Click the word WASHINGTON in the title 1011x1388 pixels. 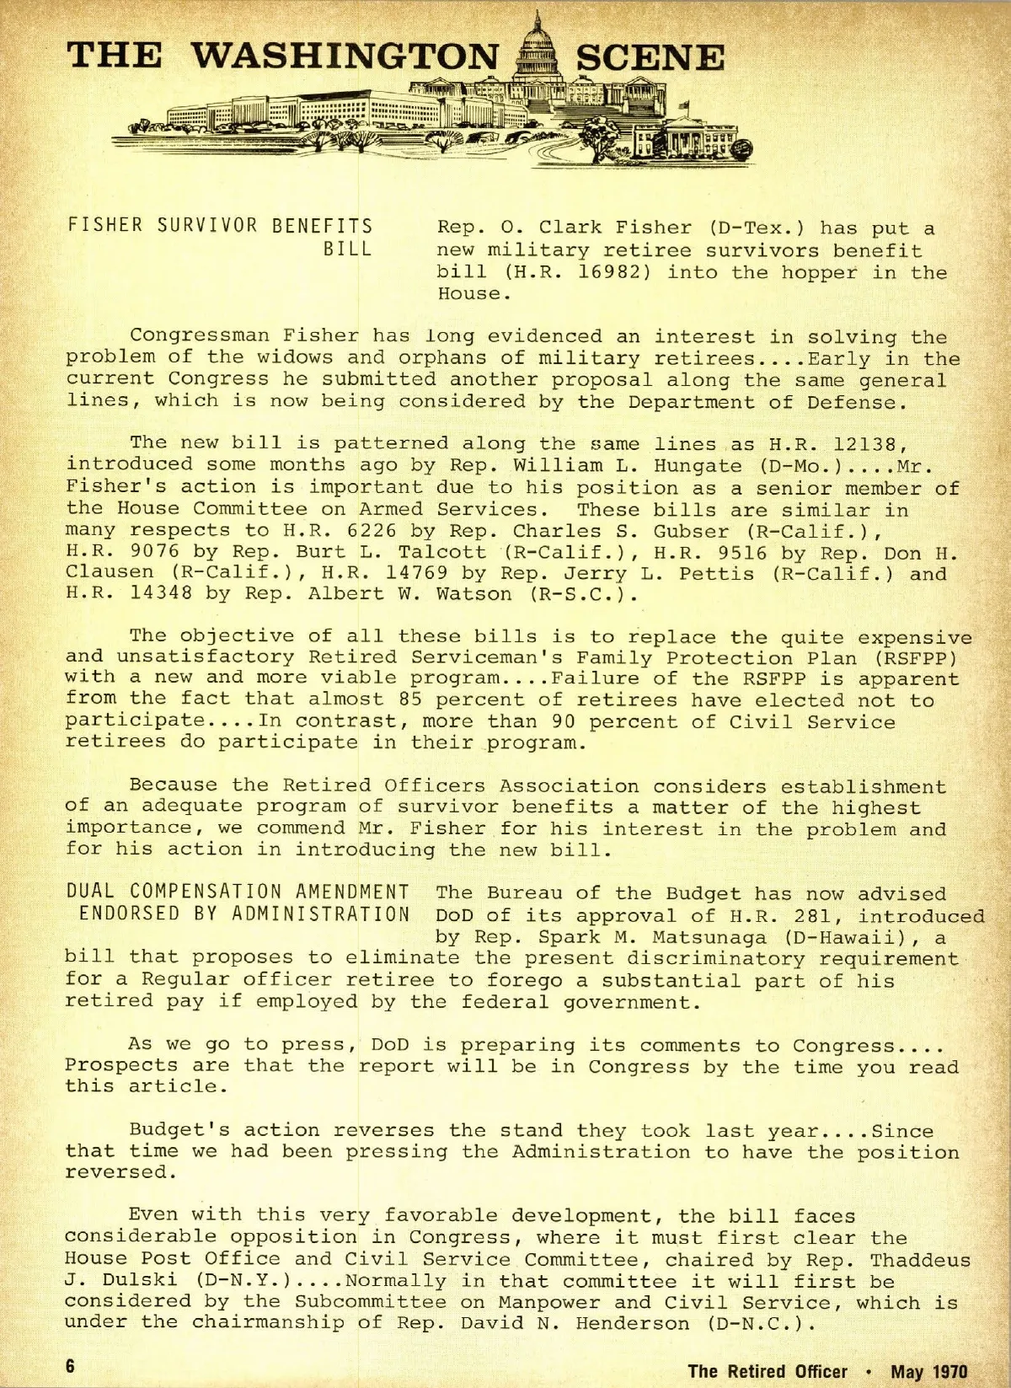[x=345, y=57]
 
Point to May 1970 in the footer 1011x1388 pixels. [x=929, y=1371]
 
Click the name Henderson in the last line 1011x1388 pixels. [x=634, y=1323]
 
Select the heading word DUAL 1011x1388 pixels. [x=91, y=892]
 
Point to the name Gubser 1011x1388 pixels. [x=691, y=531]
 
